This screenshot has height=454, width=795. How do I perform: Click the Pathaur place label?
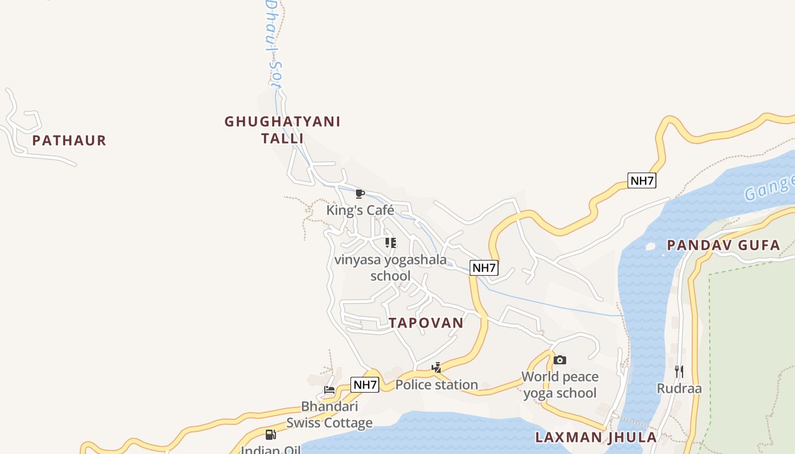click(69, 140)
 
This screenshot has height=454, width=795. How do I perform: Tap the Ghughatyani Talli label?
click(282, 129)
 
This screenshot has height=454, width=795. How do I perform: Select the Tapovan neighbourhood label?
click(426, 322)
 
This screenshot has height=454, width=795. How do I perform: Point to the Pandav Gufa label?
click(723, 245)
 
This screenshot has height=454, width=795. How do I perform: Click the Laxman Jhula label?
click(596, 437)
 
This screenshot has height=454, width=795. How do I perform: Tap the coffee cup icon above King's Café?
click(359, 194)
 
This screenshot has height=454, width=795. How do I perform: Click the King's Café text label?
click(360, 211)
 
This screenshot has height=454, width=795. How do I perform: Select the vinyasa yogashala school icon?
click(391, 243)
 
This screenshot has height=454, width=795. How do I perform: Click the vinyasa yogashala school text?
click(390, 268)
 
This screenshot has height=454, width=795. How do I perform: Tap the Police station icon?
click(436, 368)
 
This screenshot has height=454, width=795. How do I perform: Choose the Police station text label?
click(436, 385)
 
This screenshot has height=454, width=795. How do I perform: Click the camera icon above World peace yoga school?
click(560, 360)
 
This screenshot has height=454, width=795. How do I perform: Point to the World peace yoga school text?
click(560, 385)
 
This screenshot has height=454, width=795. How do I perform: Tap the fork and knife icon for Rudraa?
click(679, 372)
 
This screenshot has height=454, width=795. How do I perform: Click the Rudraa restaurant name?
click(679, 389)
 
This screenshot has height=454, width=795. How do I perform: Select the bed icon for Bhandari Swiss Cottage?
click(329, 390)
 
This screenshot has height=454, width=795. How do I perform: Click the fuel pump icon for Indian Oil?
click(271, 435)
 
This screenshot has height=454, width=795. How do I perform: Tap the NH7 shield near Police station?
click(365, 385)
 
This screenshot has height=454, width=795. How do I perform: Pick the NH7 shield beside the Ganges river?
click(642, 181)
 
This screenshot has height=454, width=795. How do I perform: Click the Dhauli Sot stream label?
click(274, 43)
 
